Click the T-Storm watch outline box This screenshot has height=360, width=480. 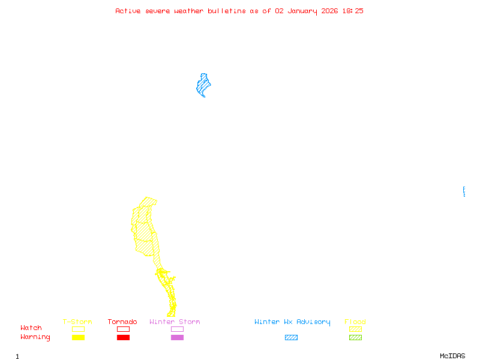[x=78, y=329]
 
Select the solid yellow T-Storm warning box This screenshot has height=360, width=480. [x=78, y=337]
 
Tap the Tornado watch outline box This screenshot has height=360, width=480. [x=123, y=329]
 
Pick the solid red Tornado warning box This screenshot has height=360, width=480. [x=123, y=337]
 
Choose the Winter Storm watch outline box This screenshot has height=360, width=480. [x=177, y=329]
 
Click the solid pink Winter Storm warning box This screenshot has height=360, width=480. [x=177, y=337]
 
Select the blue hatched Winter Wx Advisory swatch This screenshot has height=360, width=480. [x=291, y=337]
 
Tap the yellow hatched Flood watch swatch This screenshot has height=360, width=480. [x=355, y=329]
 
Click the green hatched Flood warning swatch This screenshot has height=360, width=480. [x=355, y=337]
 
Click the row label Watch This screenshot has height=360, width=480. [x=31, y=328]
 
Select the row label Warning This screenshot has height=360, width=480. [x=35, y=337]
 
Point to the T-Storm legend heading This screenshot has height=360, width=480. [x=77, y=322]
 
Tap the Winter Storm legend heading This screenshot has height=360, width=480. [x=175, y=322]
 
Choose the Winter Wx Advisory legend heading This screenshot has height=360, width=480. [x=292, y=322]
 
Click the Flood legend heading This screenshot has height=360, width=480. [x=355, y=322]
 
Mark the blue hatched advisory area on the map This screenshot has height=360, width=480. [x=203, y=85]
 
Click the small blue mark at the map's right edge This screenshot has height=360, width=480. [x=464, y=191]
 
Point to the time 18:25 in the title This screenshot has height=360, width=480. [x=353, y=11]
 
